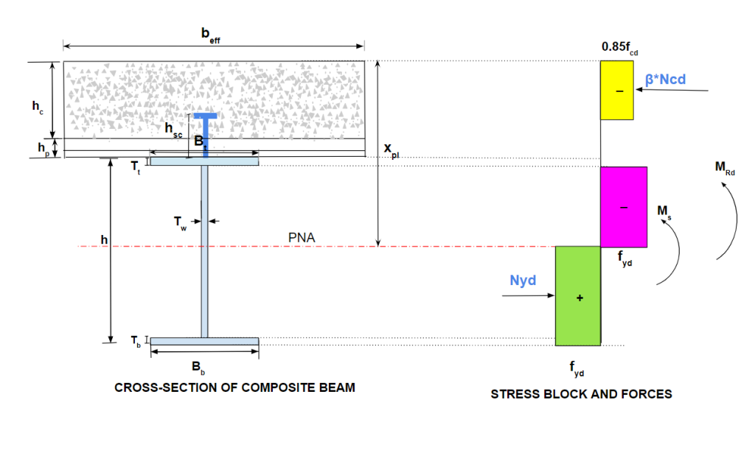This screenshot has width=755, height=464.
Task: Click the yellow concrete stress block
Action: [616, 90]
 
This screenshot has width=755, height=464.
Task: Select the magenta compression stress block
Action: [624, 207]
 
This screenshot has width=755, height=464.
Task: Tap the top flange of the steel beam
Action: [204, 161]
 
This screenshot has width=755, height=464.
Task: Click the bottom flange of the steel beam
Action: [204, 341]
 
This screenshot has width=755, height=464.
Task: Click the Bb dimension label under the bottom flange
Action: [198, 367]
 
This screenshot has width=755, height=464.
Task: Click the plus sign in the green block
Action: [579, 298]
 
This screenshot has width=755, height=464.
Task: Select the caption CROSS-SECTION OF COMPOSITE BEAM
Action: [234, 387]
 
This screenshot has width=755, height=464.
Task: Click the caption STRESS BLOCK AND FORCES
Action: [581, 394]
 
